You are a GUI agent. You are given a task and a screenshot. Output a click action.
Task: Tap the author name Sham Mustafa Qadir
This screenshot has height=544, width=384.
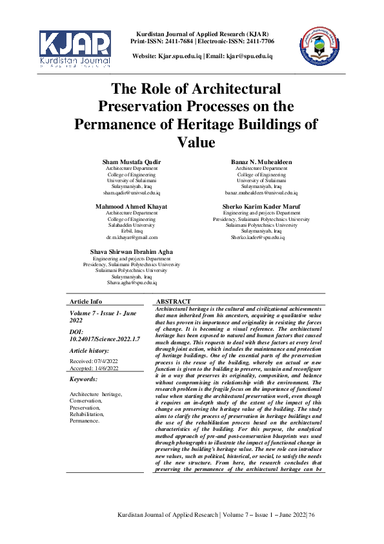pyautogui.click(x=132, y=161)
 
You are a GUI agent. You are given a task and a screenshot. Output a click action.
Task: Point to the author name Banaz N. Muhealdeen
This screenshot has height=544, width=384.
pyautogui.click(x=261, y=161)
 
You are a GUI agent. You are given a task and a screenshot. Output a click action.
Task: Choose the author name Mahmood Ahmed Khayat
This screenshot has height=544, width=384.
pyautogui.click(x=132, y=206)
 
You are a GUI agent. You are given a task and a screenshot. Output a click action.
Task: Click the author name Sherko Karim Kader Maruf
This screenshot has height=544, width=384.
pyautogui.click(x=261, y=206)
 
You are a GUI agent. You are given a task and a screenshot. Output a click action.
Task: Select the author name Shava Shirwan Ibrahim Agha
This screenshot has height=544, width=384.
pyautogui.click(x=132, y=251)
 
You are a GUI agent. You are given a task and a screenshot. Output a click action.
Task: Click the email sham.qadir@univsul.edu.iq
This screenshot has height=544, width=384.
pyautogui.click(x=132, y=193)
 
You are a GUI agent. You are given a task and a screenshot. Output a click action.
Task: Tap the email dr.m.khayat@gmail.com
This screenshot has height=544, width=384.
pyautogui.click(x=132, y=238)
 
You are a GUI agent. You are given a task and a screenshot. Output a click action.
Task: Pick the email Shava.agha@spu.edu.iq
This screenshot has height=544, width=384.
pyautogui.click(x=132, y=283)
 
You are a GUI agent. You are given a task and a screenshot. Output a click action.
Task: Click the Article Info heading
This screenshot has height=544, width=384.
pyautogui.click(x=86, y=302)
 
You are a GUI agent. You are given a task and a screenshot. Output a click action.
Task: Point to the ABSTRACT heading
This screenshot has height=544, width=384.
pyautogui.click(x=174, y=302)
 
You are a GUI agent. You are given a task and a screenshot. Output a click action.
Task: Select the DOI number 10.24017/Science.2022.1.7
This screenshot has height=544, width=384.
pyautogui.click(x=96, y=339)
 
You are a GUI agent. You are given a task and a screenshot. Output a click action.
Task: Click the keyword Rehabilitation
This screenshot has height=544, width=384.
pyautogui.click(x=88, y=415)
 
